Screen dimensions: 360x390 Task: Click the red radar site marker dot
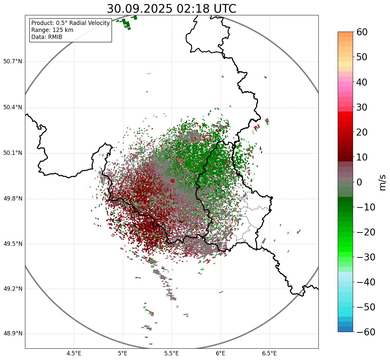click(x=172, y=181)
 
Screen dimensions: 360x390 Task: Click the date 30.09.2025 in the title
click(x=140, y=9)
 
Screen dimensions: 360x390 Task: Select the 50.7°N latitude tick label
click(x=13, y=62)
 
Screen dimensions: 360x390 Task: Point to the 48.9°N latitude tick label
click(x=13, y=334)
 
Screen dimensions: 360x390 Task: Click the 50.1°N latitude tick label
click(x=13, y=153)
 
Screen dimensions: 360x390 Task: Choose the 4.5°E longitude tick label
click(x=74, y=353)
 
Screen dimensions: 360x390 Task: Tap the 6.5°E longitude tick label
click(x=269, y=353)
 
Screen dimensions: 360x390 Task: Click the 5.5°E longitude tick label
click(x=172, y=353)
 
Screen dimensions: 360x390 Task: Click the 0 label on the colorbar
click(x=359, y=182)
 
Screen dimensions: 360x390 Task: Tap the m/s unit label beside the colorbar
click(x=382, y=182)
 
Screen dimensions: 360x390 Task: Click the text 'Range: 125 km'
click(x=52, y=30)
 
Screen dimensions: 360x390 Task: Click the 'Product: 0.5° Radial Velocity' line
click(x=70, y=23)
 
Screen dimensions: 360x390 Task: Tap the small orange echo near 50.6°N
click(x=149, y=74)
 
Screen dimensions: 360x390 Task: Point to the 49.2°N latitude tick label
click(x=13, y=289)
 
